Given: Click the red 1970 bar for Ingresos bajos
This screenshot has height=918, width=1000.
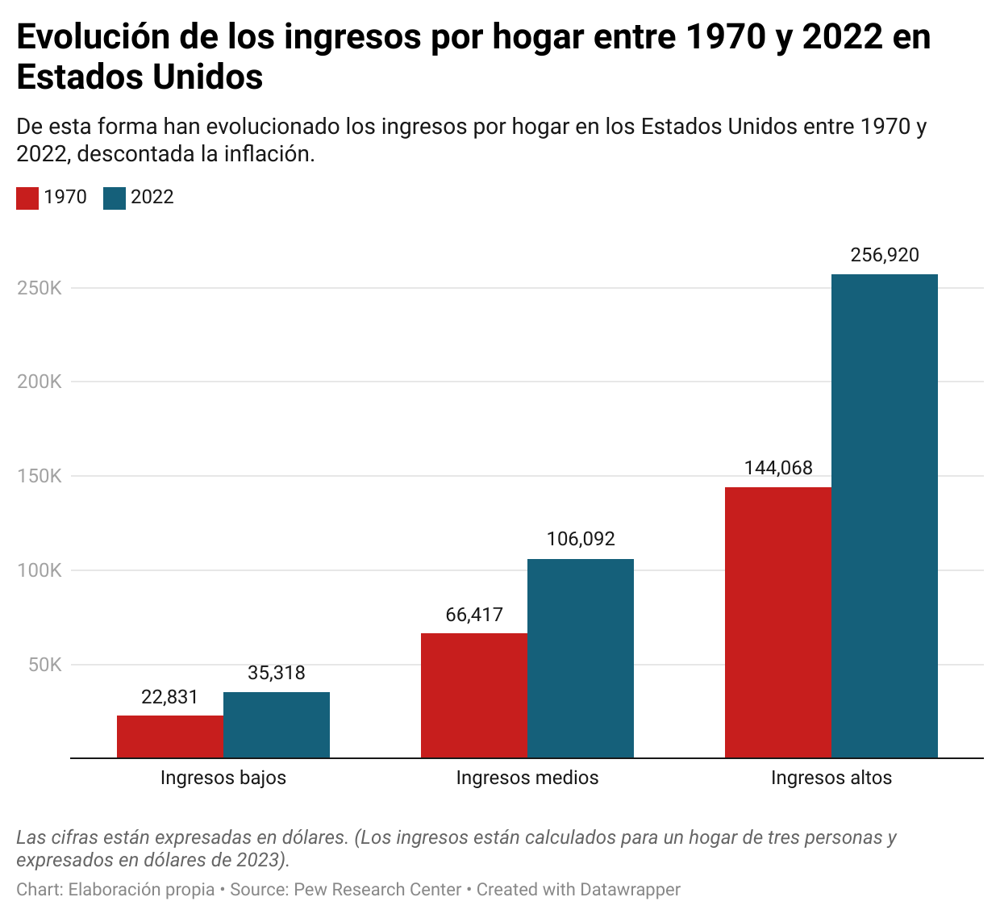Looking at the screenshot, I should (170, 736).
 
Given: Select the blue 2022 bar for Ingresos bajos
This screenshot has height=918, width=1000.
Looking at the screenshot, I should (277, 725).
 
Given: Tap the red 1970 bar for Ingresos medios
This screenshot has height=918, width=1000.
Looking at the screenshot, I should (474, 695).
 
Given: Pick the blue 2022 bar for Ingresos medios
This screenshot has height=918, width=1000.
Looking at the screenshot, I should (581, 658).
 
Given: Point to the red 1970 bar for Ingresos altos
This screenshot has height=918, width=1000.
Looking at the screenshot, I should (778, 622).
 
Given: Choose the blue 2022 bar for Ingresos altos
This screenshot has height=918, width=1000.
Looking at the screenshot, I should (885, 516).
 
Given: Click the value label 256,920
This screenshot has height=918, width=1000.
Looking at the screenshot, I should (885, 256).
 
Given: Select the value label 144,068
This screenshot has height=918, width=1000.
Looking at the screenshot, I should (778, 468).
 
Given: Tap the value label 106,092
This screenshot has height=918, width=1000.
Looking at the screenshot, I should (581, 539).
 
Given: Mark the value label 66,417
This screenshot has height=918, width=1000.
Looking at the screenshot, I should (474, 615).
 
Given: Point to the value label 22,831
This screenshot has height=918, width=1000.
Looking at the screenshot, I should (169, 697).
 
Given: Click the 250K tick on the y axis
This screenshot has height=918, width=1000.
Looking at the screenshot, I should (40, 288).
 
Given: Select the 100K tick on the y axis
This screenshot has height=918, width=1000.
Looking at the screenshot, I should (40, 570).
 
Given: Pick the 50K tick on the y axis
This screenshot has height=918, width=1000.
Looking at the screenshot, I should (45, 665).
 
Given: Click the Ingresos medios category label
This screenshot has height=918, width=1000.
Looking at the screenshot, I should (527, 778).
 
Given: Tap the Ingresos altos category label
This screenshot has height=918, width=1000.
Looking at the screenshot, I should (831, 778).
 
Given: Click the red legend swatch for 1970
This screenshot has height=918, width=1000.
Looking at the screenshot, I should (27, 198).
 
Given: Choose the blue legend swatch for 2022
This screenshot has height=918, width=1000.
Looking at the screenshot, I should (115, 198).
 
